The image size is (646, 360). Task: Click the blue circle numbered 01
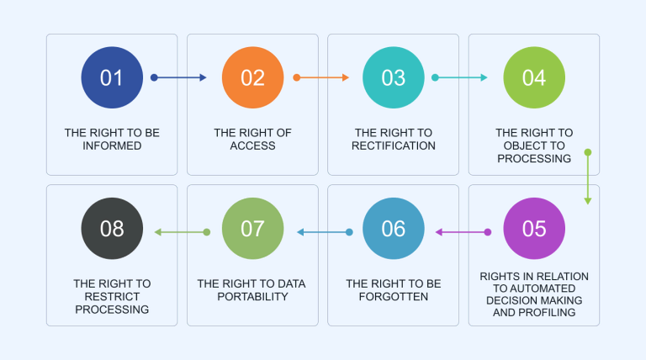112,77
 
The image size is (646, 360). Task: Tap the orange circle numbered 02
252,77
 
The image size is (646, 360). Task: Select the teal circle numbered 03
394,77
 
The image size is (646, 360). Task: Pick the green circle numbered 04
534,77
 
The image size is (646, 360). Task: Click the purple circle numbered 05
534,229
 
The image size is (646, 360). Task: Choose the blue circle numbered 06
394,229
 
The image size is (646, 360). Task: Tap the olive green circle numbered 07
252,229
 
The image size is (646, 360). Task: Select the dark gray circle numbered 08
112,229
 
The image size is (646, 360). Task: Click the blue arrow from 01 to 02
179,77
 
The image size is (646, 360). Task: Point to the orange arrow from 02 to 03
320,77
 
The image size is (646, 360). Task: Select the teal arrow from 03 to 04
460,77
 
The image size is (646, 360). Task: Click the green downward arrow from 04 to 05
588,177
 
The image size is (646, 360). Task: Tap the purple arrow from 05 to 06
462,231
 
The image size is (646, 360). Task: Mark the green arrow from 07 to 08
181,231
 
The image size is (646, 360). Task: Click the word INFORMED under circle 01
112,146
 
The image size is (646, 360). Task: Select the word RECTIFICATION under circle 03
394,146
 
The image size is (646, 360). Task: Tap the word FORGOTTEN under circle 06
394,297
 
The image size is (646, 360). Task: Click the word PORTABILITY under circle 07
252,297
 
